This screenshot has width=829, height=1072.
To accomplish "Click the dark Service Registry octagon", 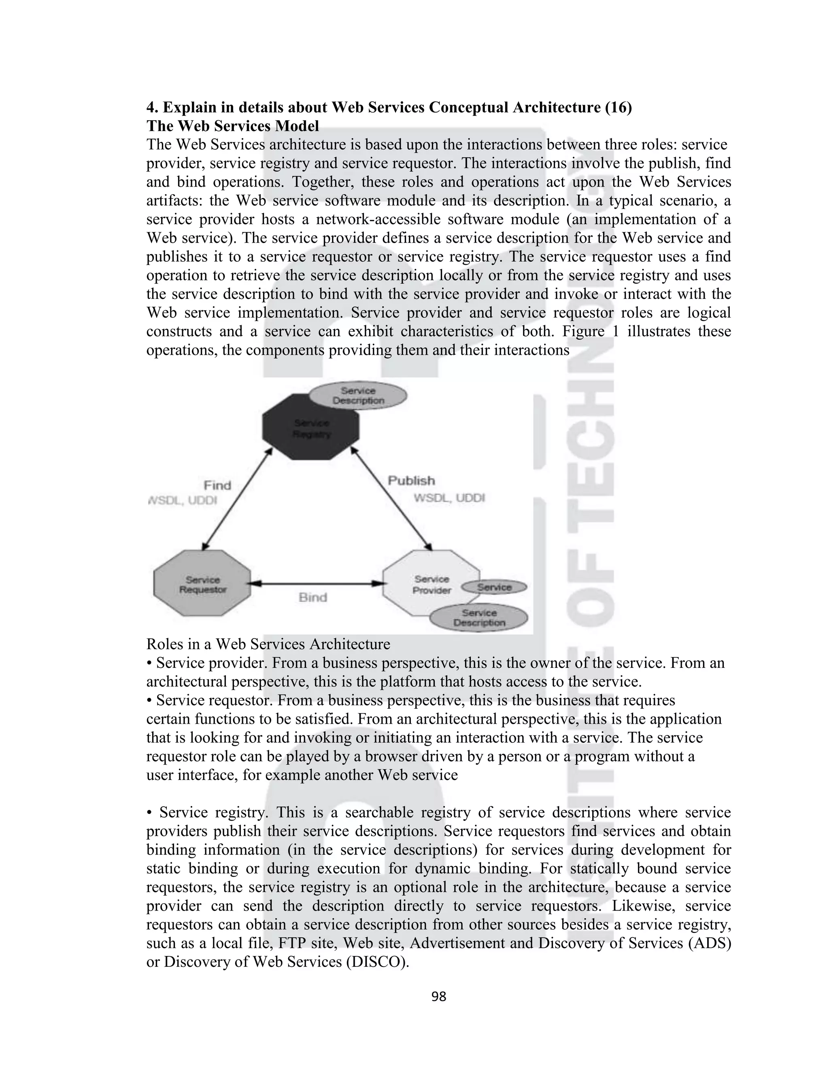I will coord(310,428).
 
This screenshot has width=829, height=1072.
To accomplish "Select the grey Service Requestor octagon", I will coord(202,583).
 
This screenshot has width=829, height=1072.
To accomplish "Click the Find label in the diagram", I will coord(217,485).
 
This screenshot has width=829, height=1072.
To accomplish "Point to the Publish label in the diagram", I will coord(411,481).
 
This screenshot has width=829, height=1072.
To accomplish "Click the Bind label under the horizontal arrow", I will coord(312,597).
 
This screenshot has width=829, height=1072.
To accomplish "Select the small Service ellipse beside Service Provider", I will coord(494,587).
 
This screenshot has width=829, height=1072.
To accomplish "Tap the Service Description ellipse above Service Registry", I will coord(358,396).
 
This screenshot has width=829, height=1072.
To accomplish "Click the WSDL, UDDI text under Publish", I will coord(449,498).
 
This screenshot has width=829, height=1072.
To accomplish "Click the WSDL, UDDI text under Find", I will coord(183,501).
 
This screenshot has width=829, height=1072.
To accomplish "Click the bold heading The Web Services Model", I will coord(232,126).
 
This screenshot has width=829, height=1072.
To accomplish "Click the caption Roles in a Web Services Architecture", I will coord(268,644).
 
